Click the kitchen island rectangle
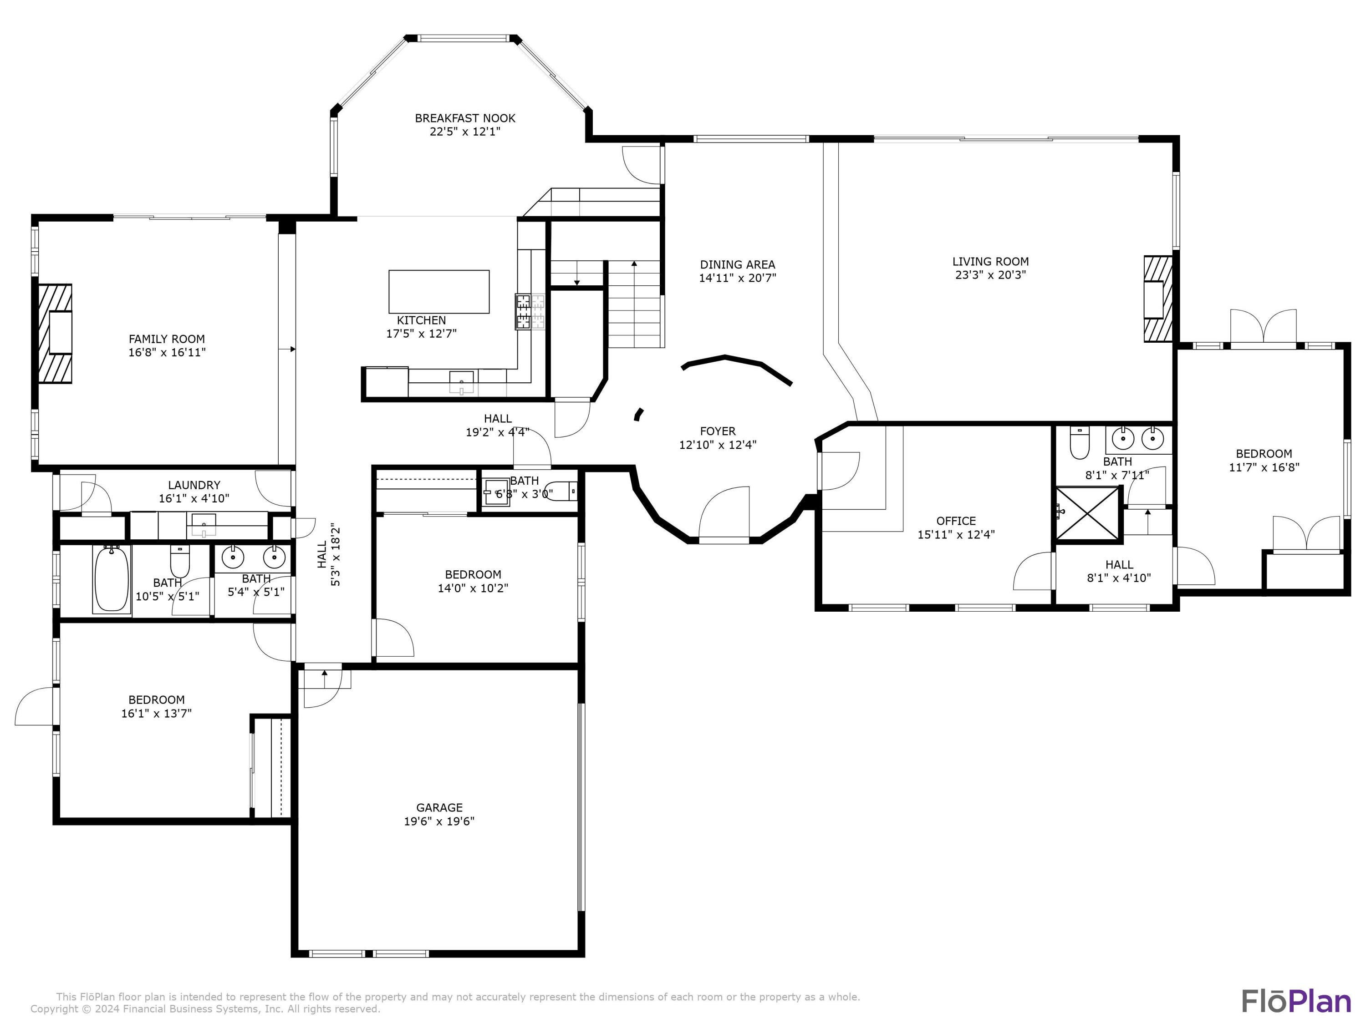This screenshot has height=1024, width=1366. tap(438, 291)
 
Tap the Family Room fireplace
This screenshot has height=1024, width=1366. tap(56, 333)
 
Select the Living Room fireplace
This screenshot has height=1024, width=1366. tap(1158, 299)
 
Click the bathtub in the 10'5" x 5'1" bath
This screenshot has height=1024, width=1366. tap(112, 579)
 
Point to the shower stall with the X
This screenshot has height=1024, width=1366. tap(1087, 513)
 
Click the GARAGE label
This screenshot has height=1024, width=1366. tap(439, 807)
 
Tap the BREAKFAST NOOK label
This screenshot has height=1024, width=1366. tap(464, 118)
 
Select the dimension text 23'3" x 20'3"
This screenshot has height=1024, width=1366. tap(990, 275)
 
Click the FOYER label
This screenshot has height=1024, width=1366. tap(718, 431)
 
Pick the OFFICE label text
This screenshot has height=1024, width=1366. tap(955, 521)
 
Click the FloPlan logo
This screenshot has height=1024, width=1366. tap(1295, 1001)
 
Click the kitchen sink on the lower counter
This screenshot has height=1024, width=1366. tap(461, 380)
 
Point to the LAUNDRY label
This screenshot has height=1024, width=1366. tap(194, 485)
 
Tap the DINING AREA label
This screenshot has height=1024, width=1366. tap(737, 264)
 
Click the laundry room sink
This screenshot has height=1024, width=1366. tap(203, 523)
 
